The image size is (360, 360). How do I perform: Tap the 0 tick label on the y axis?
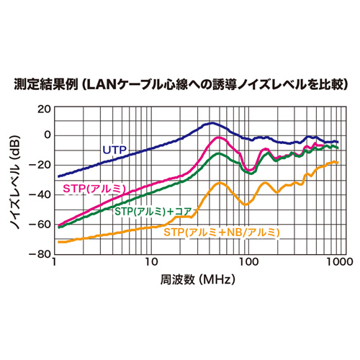tap(47, 135)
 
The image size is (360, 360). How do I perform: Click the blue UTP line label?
tap(114, 150)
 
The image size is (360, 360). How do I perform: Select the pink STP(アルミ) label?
tap(95, 189)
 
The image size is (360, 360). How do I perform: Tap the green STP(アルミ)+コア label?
tap(153, 212)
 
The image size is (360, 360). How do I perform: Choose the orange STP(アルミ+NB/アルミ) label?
tap(221, 232)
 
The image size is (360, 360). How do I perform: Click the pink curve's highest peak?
tap(215, 137)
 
